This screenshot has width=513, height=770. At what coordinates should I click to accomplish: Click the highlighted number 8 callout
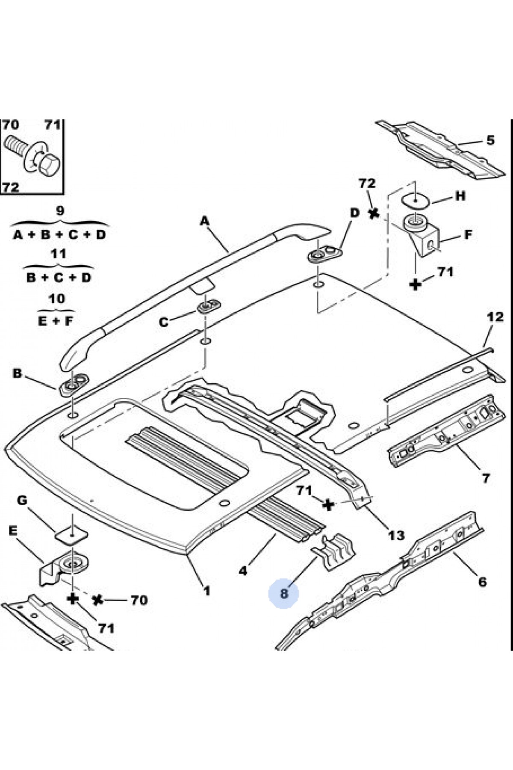(x=284, y=593)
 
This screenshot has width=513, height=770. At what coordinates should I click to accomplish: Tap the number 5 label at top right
(x=490, y=140)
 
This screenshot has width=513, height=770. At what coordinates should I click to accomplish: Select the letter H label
(x=460, y=196)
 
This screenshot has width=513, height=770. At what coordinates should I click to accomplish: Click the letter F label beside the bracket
(x=468, y=234)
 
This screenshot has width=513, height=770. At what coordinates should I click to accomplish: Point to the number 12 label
(x=495, y=317)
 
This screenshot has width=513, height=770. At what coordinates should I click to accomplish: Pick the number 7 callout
(x=486, y=477)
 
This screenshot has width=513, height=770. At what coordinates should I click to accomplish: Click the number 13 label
(x=396, y=535)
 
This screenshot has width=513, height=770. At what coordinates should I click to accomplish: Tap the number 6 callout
(x=482, y=582)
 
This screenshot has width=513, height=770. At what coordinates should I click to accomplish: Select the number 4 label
(x=243, y=570)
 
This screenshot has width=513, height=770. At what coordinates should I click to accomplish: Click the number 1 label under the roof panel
(x=207, y=591)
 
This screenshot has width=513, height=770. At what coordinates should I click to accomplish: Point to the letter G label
(x=22, y=500)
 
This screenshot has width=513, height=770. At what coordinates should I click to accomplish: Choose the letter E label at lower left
(x=13, y=531)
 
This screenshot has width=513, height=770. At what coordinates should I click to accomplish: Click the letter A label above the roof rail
(x=205, y=221)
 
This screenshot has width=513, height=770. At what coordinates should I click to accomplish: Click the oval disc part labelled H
(x=415, y=200)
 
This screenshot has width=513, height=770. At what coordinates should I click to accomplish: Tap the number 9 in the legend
(x=60, y=210)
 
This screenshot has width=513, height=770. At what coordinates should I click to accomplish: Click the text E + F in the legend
(x=56, y=321)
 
